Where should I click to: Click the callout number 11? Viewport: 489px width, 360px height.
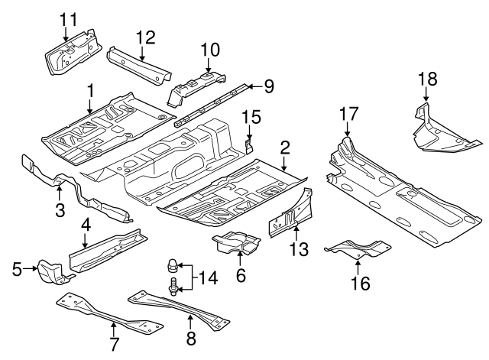tap(69, 18)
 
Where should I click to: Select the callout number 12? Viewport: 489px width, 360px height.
tap(145, 37)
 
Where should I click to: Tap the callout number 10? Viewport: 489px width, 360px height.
tap(209, 50)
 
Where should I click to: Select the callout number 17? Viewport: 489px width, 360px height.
tap(348, 114)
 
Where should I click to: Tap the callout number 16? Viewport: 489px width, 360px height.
tap(359, 284)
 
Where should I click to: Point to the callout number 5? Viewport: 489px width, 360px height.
tap(17, 268)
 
